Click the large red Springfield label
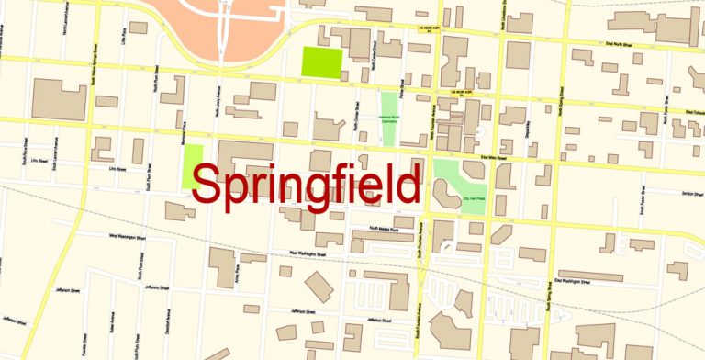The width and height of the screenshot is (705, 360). pos(308,186)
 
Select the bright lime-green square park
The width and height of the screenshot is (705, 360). pos(321,62)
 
